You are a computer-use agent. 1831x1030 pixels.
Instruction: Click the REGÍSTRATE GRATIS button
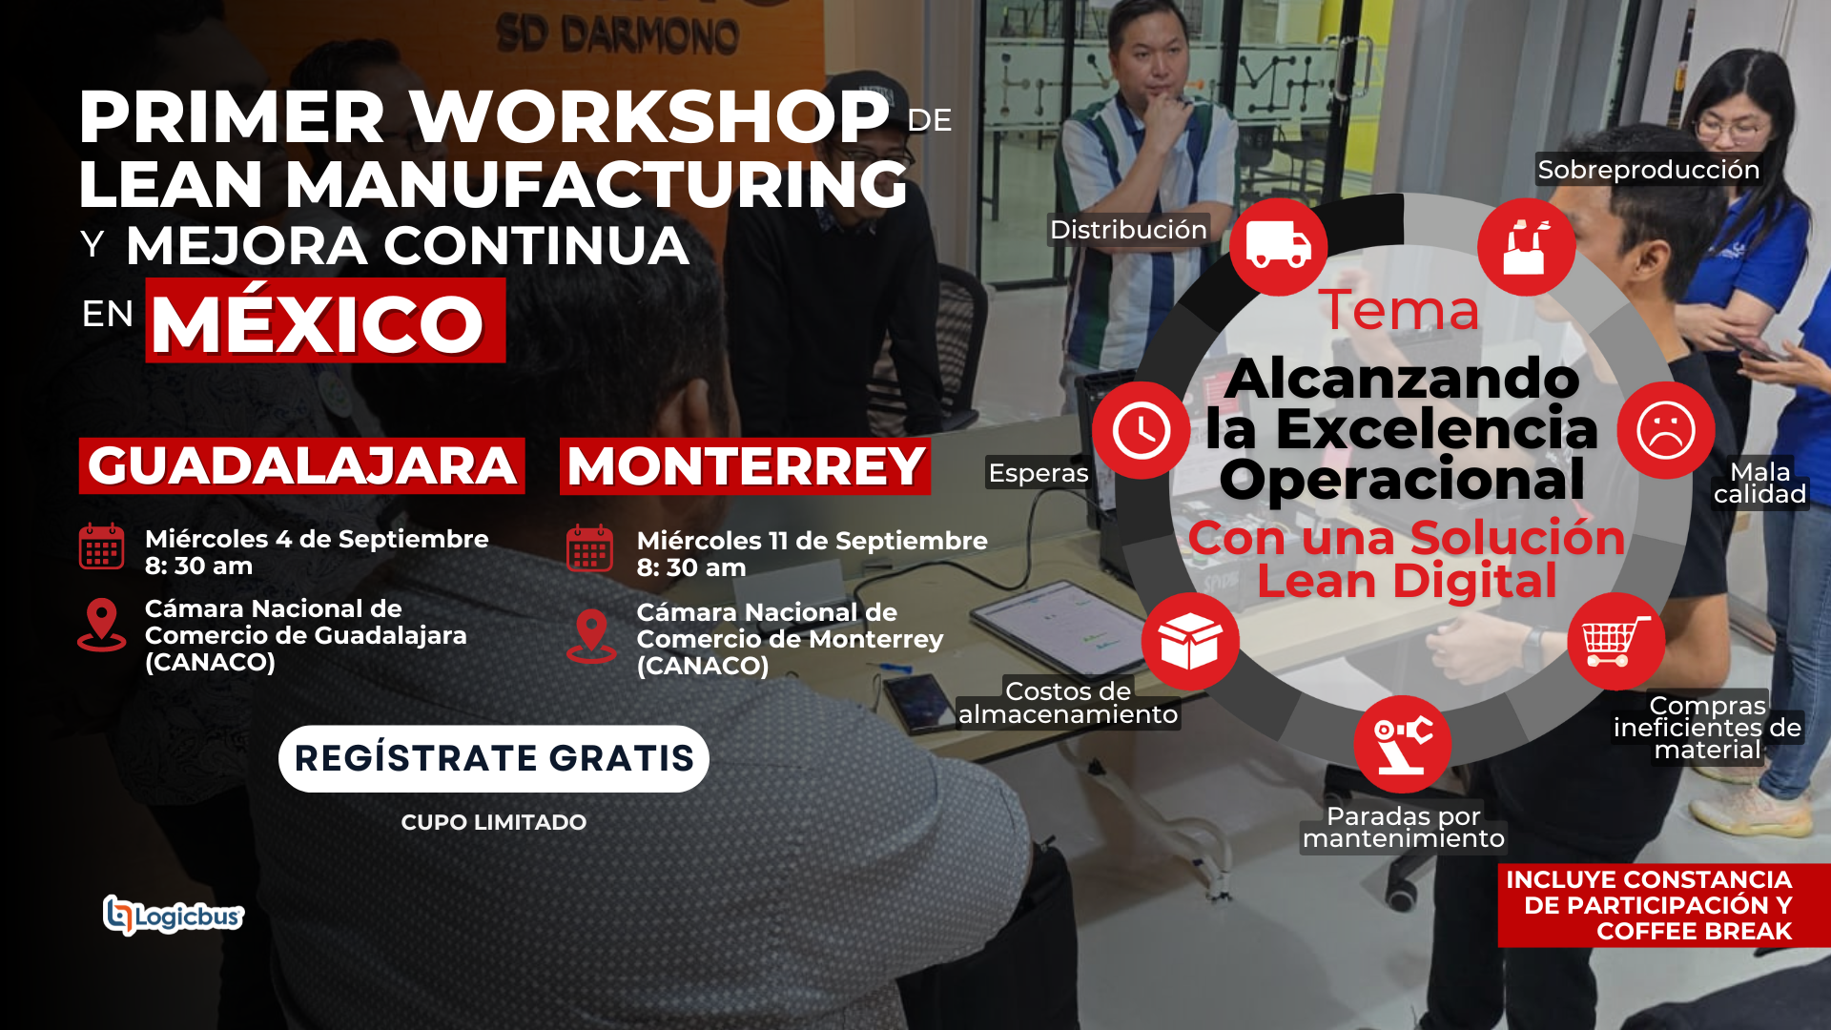click(493, 758)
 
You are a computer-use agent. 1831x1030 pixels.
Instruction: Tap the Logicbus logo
click(174, 916)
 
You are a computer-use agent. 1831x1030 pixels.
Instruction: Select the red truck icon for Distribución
click(1278, 246)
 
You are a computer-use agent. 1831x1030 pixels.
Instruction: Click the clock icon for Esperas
click(1141, 430)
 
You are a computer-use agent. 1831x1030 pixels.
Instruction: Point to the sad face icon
click(1665, 430)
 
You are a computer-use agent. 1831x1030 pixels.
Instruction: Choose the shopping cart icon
click(1615, 641)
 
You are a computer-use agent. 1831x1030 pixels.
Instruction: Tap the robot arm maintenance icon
click(1402, 744)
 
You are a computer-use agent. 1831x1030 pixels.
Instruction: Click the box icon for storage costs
click(1190, 641)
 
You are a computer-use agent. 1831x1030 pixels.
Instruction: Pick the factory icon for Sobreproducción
click(1526, 246)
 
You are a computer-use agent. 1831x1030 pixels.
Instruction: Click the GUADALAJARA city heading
click(301, 465)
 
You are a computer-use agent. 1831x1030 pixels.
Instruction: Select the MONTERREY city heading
click(745, 466)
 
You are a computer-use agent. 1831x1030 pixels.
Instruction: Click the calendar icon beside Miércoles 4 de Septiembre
click(101, 546)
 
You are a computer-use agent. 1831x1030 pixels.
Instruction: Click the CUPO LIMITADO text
click(493, 822)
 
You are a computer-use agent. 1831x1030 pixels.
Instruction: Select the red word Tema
click(1399, 310)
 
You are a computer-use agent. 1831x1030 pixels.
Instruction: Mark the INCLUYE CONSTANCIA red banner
click(1663, 905)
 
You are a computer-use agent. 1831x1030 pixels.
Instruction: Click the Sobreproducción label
click(1648, 170)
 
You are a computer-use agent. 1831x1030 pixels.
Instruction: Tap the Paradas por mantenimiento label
click(1404, 827)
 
